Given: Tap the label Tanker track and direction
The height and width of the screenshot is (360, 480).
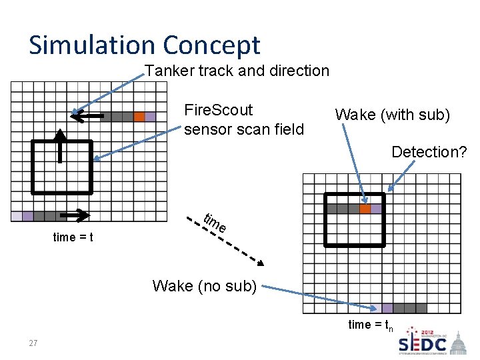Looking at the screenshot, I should pyautogui.click(x=237, y=71).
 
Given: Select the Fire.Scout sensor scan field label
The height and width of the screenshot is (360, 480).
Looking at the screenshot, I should pyautogui.click(x=243, y=119).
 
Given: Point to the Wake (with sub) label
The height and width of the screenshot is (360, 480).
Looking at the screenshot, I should pyautogui.click(x=392, y=115).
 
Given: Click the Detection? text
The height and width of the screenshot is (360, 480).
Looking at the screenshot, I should pyautogui.click(x=429, y=152).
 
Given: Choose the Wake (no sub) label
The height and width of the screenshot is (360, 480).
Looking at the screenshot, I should pyautogui.click(x=204, y=286).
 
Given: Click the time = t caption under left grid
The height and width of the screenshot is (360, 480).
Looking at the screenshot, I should pyautogui.click(x=73, y=237).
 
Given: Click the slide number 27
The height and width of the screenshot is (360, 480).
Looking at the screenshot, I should pyautogui.click(x=33, y=343).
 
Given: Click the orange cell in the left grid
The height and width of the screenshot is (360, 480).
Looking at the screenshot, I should pyautogui.click(x=139, y=117).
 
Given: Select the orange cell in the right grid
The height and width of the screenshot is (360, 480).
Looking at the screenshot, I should pyautogui.click(x=365, y=209).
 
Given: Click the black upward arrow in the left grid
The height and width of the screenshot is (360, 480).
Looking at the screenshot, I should pyautogui.click(x=60, y=144).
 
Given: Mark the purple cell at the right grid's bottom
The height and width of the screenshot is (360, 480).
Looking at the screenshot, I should pyautogui.click(x=387, y=308).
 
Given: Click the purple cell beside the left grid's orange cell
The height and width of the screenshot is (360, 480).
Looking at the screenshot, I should pyautogui.click(x=151, y=117).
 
